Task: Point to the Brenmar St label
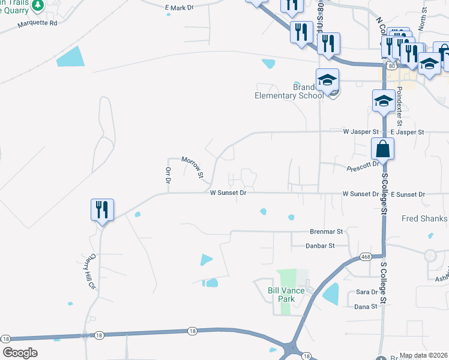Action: click(x=326, y=231)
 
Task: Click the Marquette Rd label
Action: click(x=37, y=23)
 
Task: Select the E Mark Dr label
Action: click(x=179, y=8)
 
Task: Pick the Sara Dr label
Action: click(x=366, y=292)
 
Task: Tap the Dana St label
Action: click(x=366, y=306)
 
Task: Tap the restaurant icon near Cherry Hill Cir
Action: click(x=101, y=211)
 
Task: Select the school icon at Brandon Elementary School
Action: click(x=328, y=80)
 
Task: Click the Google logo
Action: click(x=20, y=353)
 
